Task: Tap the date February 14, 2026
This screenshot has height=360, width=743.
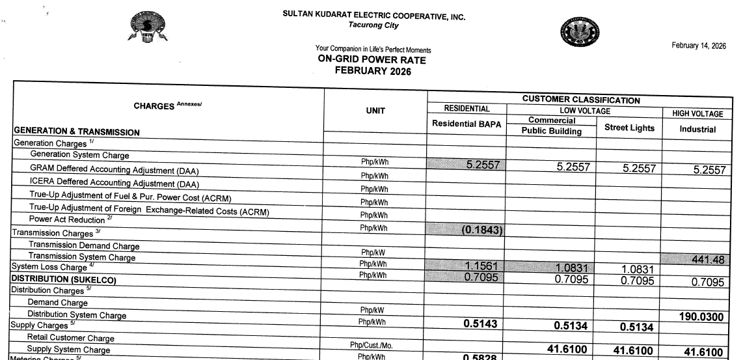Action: tap(699, 45)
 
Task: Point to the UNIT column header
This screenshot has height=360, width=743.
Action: tap(375, 111)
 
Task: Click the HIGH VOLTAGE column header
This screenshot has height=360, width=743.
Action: tap(693, 114)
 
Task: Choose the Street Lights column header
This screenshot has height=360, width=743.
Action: tap(629, 128)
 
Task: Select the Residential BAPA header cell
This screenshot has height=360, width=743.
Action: tap(466, 124)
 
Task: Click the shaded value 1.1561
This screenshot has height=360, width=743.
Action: tap(481, 266)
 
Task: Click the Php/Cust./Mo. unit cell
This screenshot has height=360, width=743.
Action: tap(375, 344)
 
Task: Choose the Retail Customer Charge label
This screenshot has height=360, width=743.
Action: tap(70, 339)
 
